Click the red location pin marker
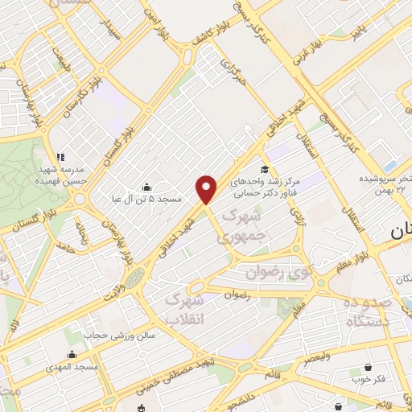point(207,188)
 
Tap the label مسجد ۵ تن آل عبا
point(148,198)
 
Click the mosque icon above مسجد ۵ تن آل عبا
point(145,185)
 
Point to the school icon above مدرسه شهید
point(58,156)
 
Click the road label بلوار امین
point(150,26)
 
